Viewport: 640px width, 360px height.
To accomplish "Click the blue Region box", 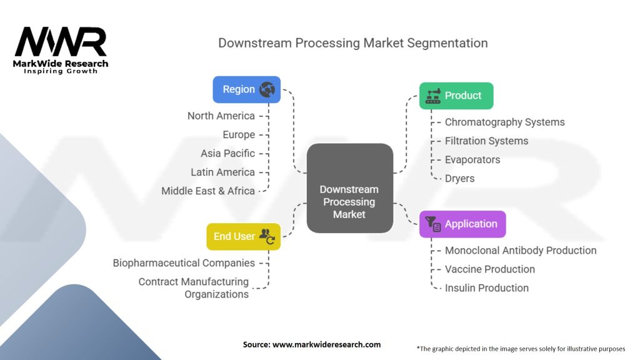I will click(x=246, y=89).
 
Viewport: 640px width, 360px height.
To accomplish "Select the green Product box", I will click(x=456, y=96).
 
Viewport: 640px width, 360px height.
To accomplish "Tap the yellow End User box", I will click(x=243, y=236).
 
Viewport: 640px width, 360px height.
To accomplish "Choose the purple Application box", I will click(x=462, y=224).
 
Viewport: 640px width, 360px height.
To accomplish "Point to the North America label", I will click(x=221, y=116).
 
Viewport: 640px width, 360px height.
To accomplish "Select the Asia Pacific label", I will click(x=227, y=153).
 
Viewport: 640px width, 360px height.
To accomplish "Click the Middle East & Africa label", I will click(x=208, y=191).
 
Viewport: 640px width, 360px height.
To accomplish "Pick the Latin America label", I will click(x=222, y=172).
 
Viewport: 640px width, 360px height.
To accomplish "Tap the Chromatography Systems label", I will click(x=504, y=122).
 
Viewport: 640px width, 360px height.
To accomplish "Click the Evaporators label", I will click(x=472, y=159).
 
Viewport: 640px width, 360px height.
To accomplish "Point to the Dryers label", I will click(x=459, y=178).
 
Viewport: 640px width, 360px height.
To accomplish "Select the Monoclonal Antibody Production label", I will click(x=520, y=250).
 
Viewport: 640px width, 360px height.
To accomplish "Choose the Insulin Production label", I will click(x=486, y=287).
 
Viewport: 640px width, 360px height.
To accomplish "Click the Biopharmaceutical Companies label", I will click(x=184, y=262).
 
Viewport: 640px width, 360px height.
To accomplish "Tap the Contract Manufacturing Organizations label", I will click(x=194, y=287).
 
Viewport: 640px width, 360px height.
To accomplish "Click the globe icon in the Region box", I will click(x=267, y=89).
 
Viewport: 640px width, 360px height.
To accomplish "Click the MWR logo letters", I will click(x=61, y=42).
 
